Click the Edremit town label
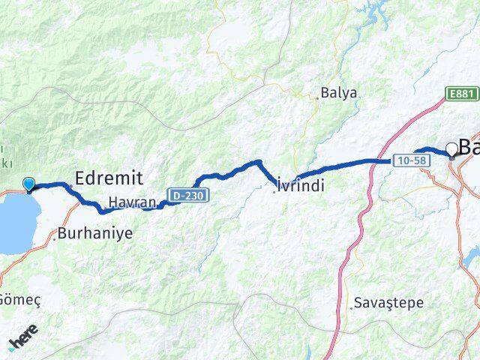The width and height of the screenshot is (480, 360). click(109, 177)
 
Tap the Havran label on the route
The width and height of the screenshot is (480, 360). click(132, 202)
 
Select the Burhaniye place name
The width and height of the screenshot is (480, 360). click(97, 233)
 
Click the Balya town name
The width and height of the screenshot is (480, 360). click(338, 94)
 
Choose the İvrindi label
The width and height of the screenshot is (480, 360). click(301, 186)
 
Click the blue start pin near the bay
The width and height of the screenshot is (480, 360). click(29, 184)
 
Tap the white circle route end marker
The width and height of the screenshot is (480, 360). click(451, 149)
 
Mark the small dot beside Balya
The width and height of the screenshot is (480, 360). click(316, 95)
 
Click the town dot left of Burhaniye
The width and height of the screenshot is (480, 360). click(55, 236)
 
